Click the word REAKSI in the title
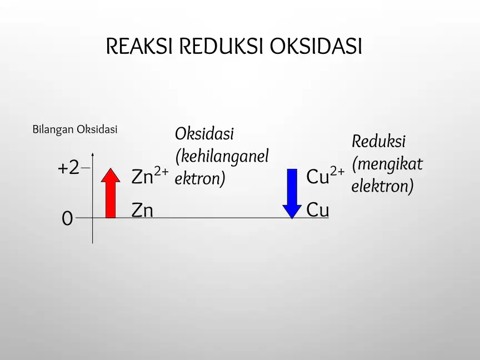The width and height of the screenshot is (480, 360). point(139,46)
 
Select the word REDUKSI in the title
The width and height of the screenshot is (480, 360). point(221,46)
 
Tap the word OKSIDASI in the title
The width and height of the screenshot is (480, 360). point(316,46)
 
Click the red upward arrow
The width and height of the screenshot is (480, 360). point(111,193)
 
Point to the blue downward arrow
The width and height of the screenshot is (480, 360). point(292,194)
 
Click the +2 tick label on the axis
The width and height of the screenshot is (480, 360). point(68,168)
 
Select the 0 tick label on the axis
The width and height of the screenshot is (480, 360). point(67,218)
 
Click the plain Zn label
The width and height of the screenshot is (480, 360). point(142,211)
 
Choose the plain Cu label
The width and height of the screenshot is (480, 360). point(318,210)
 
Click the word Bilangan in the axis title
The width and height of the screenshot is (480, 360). point(53,129)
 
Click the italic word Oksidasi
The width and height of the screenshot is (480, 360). point(204,134)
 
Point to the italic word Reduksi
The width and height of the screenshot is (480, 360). point(379,142)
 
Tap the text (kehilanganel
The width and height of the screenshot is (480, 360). point(222,157)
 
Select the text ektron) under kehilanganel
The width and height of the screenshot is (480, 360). point(200,179)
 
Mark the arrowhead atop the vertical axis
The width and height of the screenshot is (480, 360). point(92,154)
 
